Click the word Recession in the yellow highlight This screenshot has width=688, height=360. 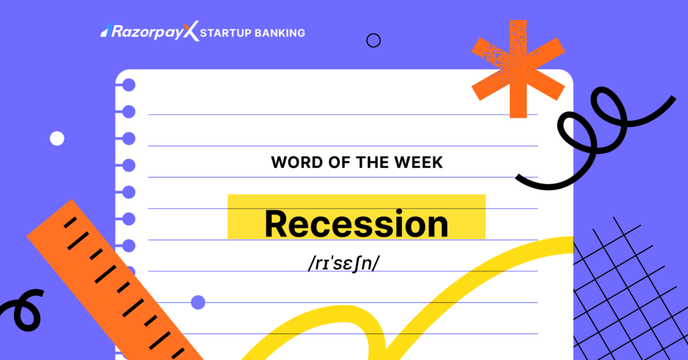click(x=356, y=224)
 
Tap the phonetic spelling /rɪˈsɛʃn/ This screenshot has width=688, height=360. click(x=344, y=263)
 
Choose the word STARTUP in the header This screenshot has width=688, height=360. click(x=228, y=32)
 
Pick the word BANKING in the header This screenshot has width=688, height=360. click(x=281, y=32)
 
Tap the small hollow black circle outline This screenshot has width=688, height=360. click(x=374, y=40)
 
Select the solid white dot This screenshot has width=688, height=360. click(x=57, y=138)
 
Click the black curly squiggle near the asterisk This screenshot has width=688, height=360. click(x=591, y=134)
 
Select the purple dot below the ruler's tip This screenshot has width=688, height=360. click(x=198, y=302)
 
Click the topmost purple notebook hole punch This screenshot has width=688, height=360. click(x=128, y=85)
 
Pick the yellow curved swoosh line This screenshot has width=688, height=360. click(x=403, y=302)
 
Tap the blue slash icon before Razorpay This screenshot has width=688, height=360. click(x=105, y=30)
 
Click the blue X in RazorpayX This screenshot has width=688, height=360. click(x=192, y=32)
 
